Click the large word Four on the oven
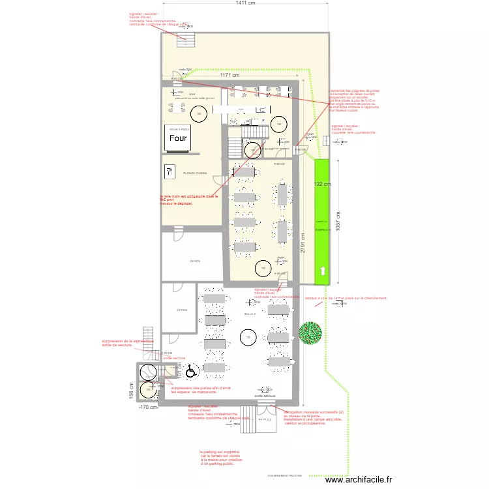(x=179, y=138)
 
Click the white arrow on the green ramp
(x=322, y=271)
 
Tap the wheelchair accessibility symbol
(x=190, y=372)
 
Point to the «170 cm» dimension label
(x=149, y=407)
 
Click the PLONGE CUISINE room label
(x=196, y=173)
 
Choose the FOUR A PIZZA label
(x=179, y=130)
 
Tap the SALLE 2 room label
(x=250, y=314)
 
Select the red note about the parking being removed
(x=220, y=457)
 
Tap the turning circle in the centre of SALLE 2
(x=247, y=337)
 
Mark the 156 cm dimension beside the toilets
(x=131, y=391)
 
